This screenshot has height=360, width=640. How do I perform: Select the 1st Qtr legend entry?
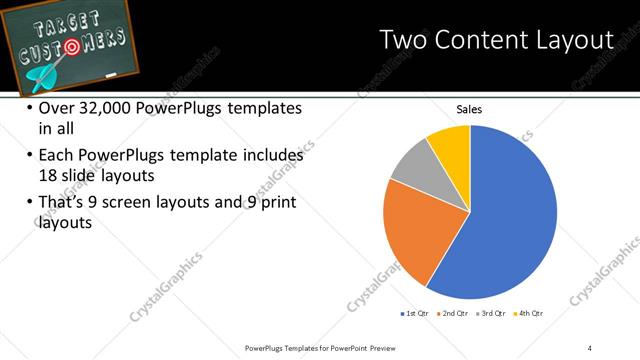tap(416, 314)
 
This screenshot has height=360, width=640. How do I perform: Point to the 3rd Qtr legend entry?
tap(493, 314)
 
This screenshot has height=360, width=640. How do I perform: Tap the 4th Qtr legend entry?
tap(531, 314)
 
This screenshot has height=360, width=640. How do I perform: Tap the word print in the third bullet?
tap(276, 203)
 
